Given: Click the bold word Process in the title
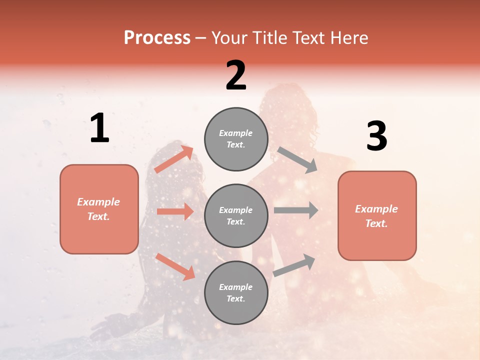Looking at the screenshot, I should coord(157,38).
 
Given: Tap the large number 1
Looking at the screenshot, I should coord(99,128).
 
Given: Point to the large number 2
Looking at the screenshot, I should coord(236,75).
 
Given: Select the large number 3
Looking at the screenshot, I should coord(376,136).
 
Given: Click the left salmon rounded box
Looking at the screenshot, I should coord(99,209).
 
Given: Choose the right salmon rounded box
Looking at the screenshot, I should coord(377,216).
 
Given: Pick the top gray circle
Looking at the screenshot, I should coord(236,139).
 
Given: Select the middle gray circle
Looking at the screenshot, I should coord(236,216).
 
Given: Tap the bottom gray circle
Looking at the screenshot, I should coord(236,292).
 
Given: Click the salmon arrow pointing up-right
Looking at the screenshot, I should coord(174,159).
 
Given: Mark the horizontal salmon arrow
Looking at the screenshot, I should coord(175,211).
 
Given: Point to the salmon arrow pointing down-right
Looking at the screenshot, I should coord(175,266).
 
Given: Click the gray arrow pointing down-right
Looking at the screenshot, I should coord(297,159).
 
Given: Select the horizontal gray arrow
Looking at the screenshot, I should coord(295,210).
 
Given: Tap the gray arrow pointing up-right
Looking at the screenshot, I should coord(294,265).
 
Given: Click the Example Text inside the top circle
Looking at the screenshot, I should coord(236,139).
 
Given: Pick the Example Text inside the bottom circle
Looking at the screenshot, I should coord(236,292).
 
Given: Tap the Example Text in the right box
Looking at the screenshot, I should coord(376,216).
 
